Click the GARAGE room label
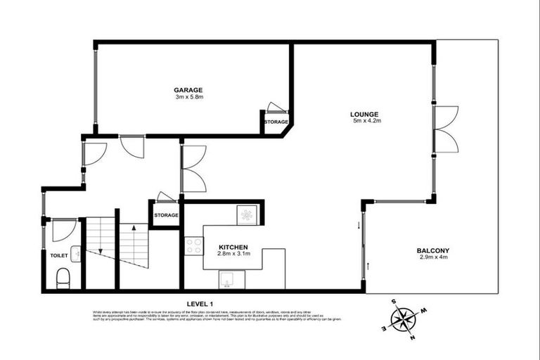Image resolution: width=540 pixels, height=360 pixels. (x=188, y=90)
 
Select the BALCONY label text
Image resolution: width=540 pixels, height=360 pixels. (x=432, y=250)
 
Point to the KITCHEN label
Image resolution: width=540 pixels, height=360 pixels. (x=233, y=247)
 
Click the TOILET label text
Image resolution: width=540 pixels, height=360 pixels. (x=58, y=255)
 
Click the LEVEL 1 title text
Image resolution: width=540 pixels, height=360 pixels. (x=200, y=303)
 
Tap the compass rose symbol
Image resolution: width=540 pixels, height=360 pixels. (x=403, y=320)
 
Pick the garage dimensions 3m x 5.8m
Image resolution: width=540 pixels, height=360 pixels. (x=188, y=97)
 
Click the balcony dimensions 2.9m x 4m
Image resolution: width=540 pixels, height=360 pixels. (x=432, y=257)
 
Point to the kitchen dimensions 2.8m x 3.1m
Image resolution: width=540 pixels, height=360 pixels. (x=233, y=255)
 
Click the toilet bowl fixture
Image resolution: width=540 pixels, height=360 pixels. (x=62, y=278)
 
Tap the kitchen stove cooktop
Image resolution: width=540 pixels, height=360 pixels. (x=193, y=246)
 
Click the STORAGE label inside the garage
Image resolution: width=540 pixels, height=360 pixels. (x=276, y=122)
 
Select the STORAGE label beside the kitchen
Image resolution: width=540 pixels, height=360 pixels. (x=166, y=215)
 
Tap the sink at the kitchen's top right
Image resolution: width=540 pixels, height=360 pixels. (x=247, y=214)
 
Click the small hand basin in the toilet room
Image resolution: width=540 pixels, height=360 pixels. (x=75, y=255)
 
